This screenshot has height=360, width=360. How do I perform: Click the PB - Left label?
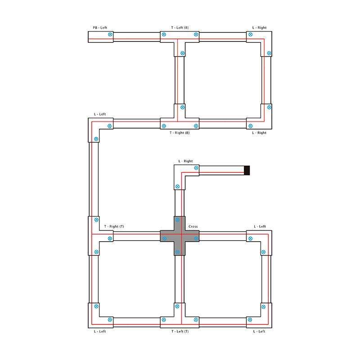point(100,27)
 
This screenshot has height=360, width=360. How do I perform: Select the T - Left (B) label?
point(180,27)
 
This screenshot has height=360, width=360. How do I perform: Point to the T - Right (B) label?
point(180,133)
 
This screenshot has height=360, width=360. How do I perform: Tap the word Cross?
point(193,226)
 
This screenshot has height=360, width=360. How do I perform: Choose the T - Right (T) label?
point(114,226)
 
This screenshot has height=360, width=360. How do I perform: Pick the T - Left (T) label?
point(180,331)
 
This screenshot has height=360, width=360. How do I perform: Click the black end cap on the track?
point(247,171)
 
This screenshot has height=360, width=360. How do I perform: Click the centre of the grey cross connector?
point(180,236)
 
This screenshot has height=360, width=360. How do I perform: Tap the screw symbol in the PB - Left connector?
point(110,35)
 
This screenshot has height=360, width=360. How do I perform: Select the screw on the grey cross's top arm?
point(177,220)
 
